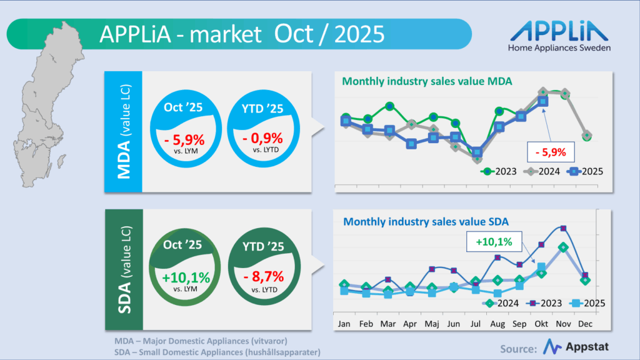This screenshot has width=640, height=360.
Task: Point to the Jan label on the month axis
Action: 344,324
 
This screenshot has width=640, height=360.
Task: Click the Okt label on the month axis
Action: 541,324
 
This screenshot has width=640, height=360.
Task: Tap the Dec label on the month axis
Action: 586,324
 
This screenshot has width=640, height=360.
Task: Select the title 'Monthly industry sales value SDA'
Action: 426,221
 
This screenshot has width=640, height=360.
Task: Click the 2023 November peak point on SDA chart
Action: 563,228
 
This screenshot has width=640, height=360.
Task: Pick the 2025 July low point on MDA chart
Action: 477,152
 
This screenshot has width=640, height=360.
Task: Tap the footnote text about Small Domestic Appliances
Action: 217,352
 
